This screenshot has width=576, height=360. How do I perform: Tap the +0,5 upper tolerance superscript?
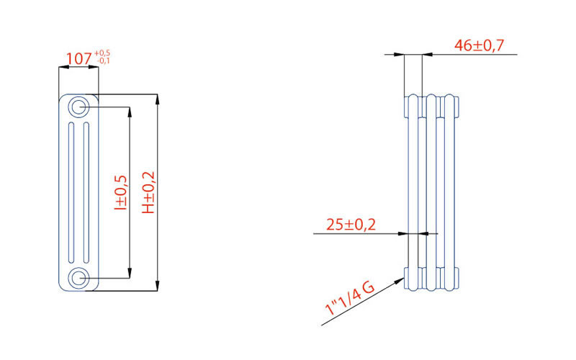(102, 53)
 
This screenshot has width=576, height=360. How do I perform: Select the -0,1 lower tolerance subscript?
(102, 61)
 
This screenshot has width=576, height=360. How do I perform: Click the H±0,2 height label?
(148, 192)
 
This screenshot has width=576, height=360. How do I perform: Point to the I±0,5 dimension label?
(120, 192)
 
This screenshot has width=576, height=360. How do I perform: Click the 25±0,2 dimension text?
(351, 225)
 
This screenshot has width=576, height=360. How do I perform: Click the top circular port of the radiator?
(78, 107)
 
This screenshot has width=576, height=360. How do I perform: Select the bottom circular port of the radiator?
(78, 278)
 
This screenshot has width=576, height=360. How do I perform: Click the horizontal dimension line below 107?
(78, 68)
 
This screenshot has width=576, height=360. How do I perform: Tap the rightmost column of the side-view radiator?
(451, 191)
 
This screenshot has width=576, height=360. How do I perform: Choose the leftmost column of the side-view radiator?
(413, 191)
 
